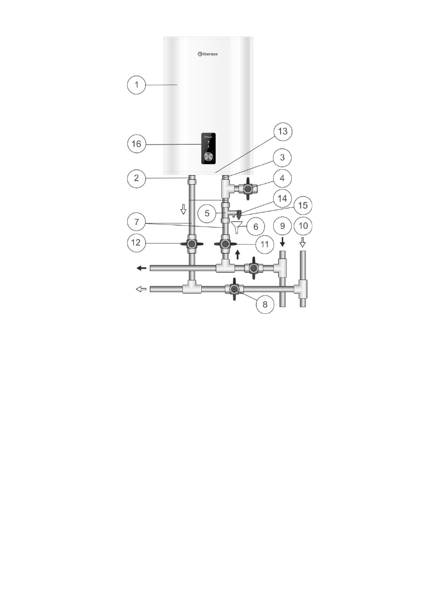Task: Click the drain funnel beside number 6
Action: (x=237, y=227)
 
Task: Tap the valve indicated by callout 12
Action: (x=191, y=245)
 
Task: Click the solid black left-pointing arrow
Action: (x=141, y=268)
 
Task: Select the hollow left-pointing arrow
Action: (x=141, y=289)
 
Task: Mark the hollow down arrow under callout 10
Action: (x=303, y=243)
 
